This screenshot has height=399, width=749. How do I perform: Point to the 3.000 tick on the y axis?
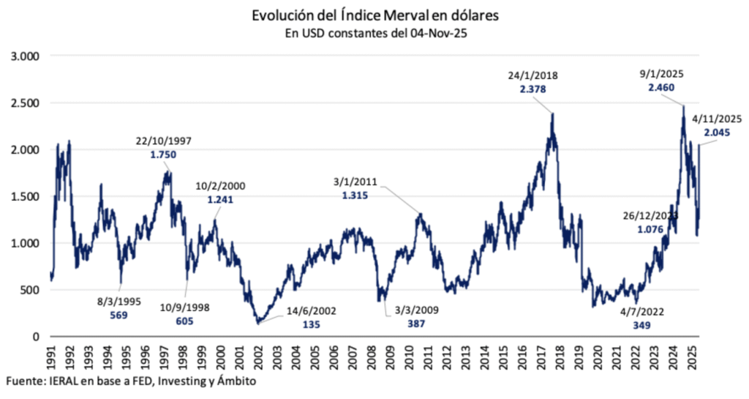(x=27, y=56)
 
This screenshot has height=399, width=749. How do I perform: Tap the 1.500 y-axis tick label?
(x=27, y=196)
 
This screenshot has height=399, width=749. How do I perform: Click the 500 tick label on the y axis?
(x=33, y=290)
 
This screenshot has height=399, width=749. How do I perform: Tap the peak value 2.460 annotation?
(x=662, y=87)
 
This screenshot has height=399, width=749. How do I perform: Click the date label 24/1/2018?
(x=532, y=75)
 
